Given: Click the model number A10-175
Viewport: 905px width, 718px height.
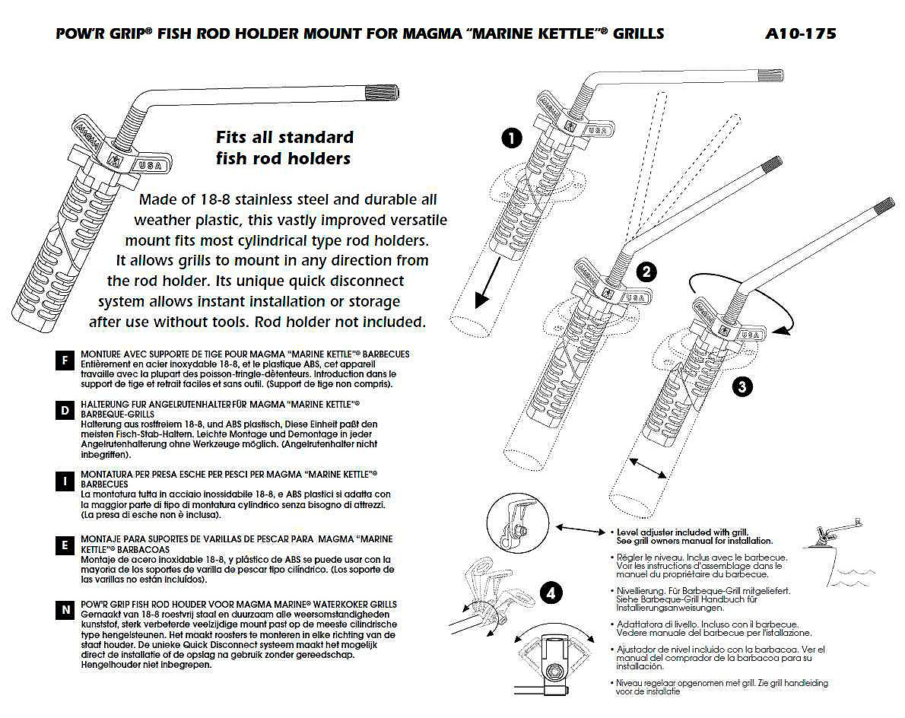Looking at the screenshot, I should (x=801, y=34).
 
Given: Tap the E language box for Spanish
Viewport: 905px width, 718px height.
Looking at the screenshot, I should (x=65, y=545).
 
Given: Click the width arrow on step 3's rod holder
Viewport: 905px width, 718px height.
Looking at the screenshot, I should (x=649, y=468).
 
